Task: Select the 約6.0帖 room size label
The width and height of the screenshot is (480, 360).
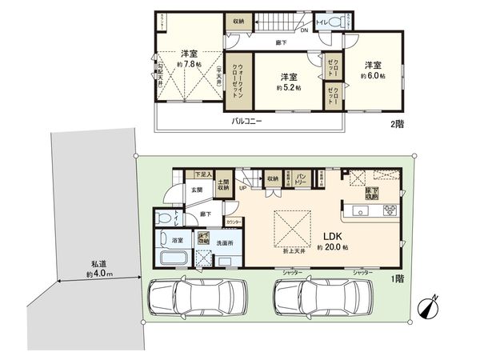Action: tap(373, 75)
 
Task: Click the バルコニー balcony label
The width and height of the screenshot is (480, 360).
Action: tap(249, 122)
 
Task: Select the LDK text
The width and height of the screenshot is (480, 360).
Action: tap(334, 237)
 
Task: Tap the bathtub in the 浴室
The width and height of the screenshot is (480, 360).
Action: tap(174, 258)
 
